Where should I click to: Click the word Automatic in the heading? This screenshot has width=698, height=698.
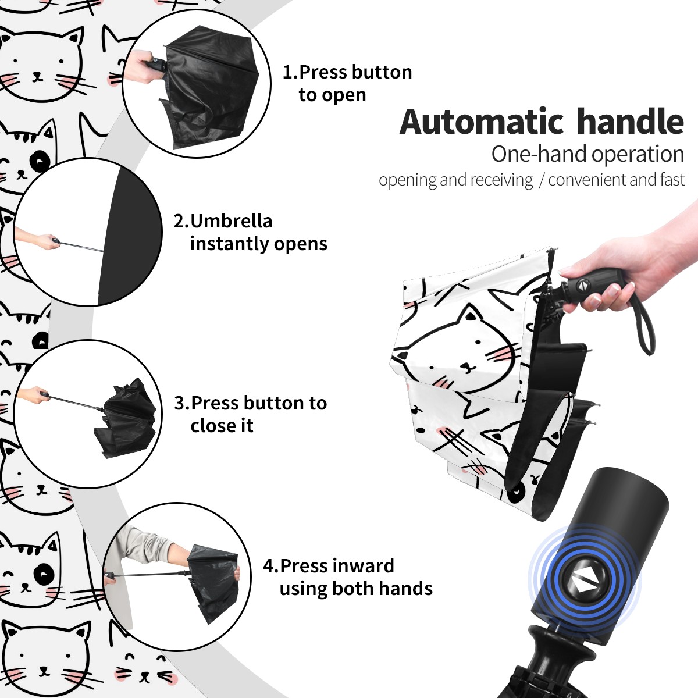481,122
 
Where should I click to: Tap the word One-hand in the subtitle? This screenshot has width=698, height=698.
539,154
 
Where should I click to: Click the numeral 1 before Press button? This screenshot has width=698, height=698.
287,72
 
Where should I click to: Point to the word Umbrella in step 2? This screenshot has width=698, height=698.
231,221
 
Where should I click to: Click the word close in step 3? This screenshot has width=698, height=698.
211,425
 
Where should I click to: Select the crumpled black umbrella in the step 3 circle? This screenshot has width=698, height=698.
125,418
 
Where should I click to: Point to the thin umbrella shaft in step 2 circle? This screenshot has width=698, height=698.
81,245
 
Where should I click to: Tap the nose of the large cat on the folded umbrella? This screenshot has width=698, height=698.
470,368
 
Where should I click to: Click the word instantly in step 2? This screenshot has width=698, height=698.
230,244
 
